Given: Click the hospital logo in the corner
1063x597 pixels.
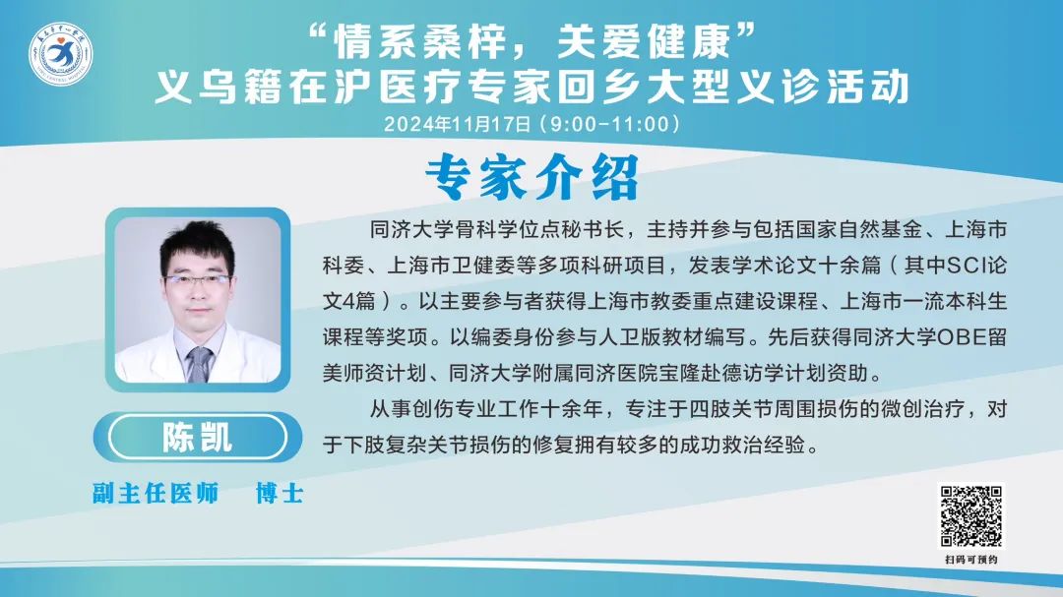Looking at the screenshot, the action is [x=60, y=54].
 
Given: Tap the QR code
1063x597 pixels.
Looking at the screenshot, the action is [x=970, y=515].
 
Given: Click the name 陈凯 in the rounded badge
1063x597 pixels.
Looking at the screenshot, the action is [x=197, y=437].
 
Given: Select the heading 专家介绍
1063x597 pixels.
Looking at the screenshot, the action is [x=532, y=177].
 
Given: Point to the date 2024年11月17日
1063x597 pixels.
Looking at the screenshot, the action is [x=458, y=124].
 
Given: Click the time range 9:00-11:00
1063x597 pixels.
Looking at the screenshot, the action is [x=609, y=124].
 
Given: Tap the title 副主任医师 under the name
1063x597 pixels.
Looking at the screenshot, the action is [x=156, y=494].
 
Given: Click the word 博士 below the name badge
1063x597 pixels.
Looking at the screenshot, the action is [x=280, y=494].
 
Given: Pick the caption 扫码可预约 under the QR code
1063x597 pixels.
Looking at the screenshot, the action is [x=970, y=559].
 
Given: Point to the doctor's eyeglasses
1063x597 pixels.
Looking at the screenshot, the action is [x=196, y=280].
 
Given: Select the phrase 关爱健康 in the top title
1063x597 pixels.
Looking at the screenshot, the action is [x=644, y=42].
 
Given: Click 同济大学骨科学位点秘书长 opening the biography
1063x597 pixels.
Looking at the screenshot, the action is [x=496, y=229].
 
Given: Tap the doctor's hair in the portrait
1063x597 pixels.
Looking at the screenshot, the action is [x=197, y=244].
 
